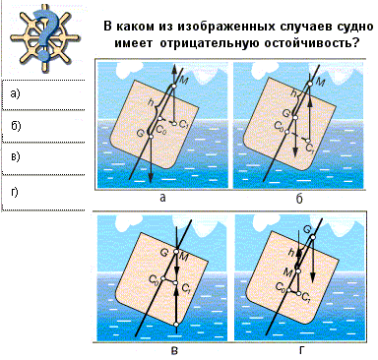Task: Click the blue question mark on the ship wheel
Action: tap(45, 36)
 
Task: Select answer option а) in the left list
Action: tap(15, 94)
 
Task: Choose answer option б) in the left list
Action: tap(16, 126)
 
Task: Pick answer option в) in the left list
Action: tap(16, 156)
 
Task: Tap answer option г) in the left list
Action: tap(15, 192)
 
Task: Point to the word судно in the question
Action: tap(351, 27)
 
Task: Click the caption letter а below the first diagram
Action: tap(162, 198)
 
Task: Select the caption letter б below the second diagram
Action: tap(299, 199)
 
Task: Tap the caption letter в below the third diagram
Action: tap(174, 351)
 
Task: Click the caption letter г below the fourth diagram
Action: tap(301, 351)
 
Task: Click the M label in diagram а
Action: tap(184, 80)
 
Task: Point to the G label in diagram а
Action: tap(141, 133)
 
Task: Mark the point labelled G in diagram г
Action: tap(312, 237)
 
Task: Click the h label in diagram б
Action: tap(293, 93)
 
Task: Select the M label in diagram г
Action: tap(288, 271)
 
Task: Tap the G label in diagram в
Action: tap(165, 253)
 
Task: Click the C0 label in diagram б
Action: tap(279, 125)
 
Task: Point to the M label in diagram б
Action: tap(320, 83)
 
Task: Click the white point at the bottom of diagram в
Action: tap(176, 325)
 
